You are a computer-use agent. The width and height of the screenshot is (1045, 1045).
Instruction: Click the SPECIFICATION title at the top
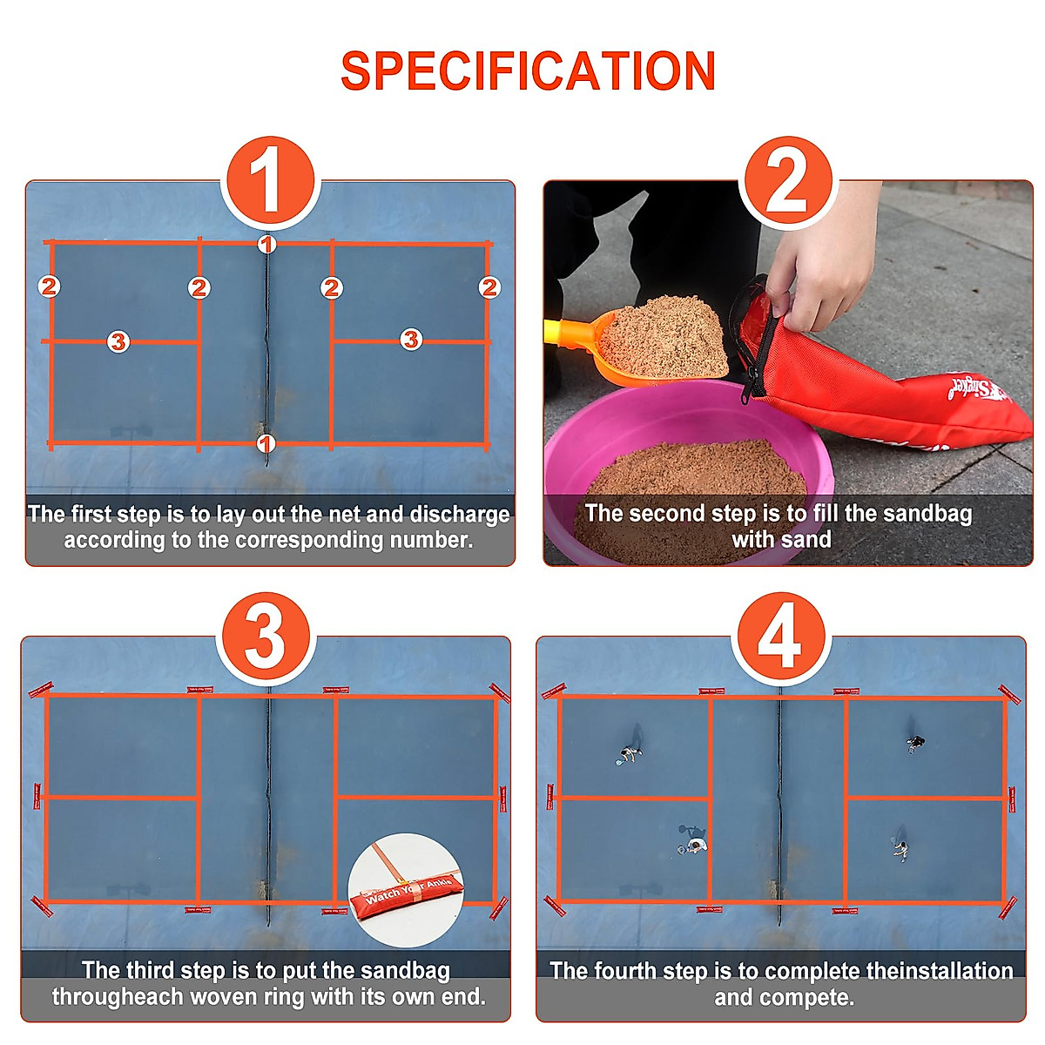528,71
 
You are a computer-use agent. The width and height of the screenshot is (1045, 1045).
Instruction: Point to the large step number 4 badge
779,638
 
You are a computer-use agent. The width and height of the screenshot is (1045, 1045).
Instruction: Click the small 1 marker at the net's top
267,245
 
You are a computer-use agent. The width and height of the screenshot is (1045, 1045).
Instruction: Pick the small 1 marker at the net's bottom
266,444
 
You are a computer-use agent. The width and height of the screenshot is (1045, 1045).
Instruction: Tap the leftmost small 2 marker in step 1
49,286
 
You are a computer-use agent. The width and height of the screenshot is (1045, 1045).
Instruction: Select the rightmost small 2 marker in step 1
489,287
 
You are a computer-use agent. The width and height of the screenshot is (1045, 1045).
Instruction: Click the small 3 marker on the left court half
118,341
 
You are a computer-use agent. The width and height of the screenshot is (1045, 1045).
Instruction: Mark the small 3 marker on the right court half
411,340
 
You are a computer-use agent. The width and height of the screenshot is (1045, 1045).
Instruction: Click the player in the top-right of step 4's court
915,743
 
